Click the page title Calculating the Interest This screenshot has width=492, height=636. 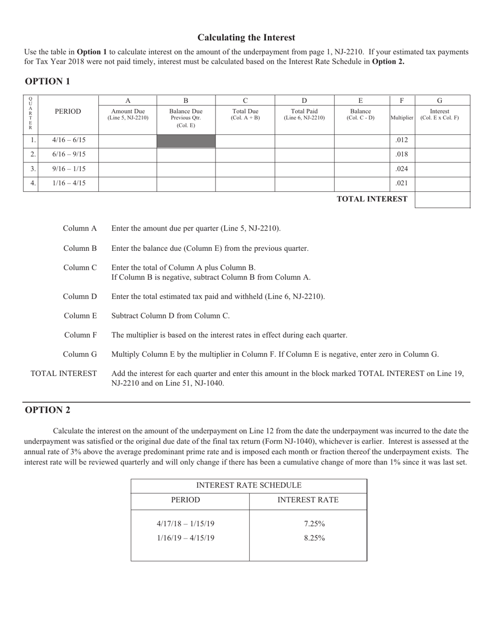[x=246, y=37]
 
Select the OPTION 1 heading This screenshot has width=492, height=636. [x=47, y=81]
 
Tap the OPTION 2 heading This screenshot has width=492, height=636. [x=47, y=410]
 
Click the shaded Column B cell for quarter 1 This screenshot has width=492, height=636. [x=186, y=141]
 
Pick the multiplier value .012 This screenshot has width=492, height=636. [x=401, y=140]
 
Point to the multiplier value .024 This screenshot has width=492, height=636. [x=401, y=169]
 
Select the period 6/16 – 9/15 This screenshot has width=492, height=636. [x=68, y=154]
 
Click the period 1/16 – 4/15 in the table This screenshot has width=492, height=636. [x=68, y=183]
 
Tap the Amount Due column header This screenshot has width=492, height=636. [x=128, y=114]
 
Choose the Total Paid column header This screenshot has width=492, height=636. [x=304, y=114]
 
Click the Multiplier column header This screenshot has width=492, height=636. [x=402, y=117]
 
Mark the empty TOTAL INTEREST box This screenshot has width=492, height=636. [x=442, y=200]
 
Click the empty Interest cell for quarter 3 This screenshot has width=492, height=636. [x=442, y=169]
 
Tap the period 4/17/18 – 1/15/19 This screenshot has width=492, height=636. [x=185, y=524]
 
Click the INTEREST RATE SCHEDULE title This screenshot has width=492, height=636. [x=249, y=486]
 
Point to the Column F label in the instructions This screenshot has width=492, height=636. [x=80, y=335]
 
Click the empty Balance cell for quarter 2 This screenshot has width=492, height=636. [x=361, y=154]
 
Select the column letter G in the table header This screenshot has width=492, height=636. [x=440, y=100]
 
